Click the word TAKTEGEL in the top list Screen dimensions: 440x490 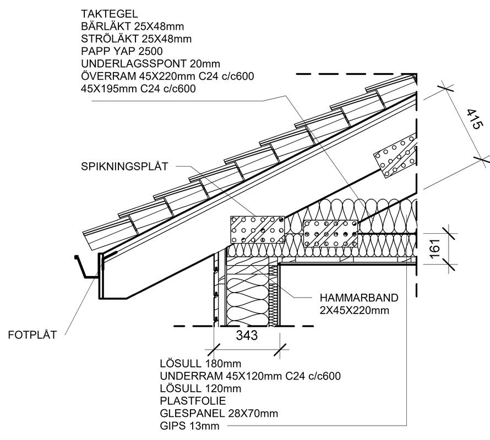(110, 13)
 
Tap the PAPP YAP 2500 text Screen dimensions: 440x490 (122, 51)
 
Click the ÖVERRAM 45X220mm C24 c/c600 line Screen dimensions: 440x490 (167, 76)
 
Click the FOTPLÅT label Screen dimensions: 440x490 (32, 335)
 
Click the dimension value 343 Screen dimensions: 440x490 (246, 335)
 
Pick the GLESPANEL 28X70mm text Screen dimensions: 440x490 (219, 414)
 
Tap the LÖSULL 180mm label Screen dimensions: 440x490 (200, 364)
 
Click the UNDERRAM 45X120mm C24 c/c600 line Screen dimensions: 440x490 (250, 376)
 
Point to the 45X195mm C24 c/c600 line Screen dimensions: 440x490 (139, 89)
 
